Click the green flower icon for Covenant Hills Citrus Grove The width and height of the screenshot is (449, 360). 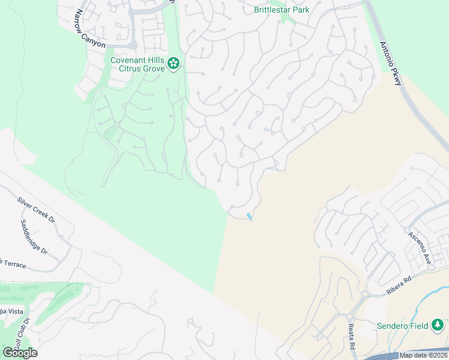(173, 63)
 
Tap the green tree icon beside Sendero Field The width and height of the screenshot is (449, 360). (438, 325)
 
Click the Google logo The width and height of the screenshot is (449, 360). (20, 352)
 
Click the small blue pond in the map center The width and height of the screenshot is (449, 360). (249, 216)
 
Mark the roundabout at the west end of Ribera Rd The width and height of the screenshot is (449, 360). (364, 295)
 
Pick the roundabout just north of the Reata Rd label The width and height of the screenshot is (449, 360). (348, 316)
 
